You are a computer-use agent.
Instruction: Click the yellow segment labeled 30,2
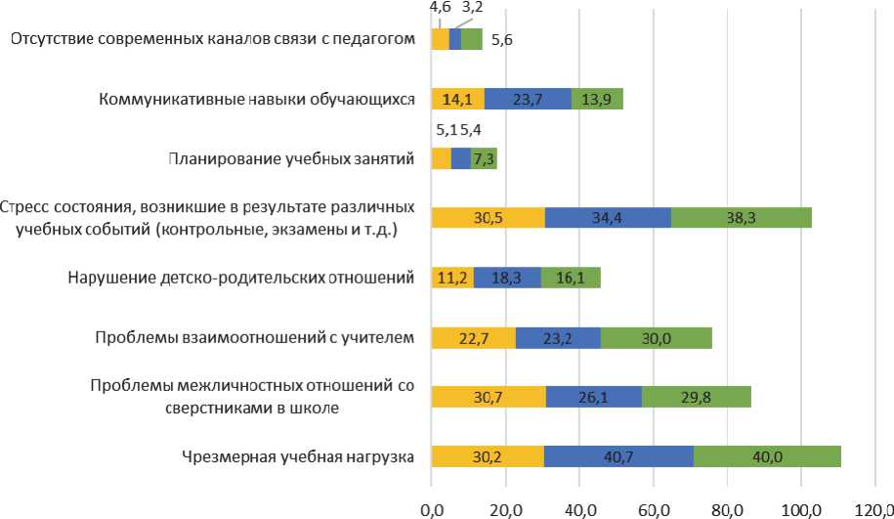(487, 456)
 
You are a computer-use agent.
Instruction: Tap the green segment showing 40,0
(767, 456)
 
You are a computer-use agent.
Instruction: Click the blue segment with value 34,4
(607, 218)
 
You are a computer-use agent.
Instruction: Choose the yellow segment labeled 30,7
(488, 396)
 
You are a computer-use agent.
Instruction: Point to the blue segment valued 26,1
(593, 396)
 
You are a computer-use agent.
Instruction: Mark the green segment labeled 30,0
(657, 338)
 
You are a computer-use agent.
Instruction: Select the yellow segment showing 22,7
(473, 338)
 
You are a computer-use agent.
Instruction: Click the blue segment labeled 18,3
(507, 278)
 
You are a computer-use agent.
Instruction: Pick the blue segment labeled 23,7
(528, 99)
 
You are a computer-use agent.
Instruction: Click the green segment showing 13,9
(597, 99)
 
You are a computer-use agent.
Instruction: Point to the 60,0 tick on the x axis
(653, 508)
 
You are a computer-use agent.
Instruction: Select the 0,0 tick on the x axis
(431, 508)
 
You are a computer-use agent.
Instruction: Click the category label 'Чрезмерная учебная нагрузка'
(298, 456)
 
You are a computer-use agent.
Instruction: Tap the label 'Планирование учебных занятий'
(293, 158)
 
